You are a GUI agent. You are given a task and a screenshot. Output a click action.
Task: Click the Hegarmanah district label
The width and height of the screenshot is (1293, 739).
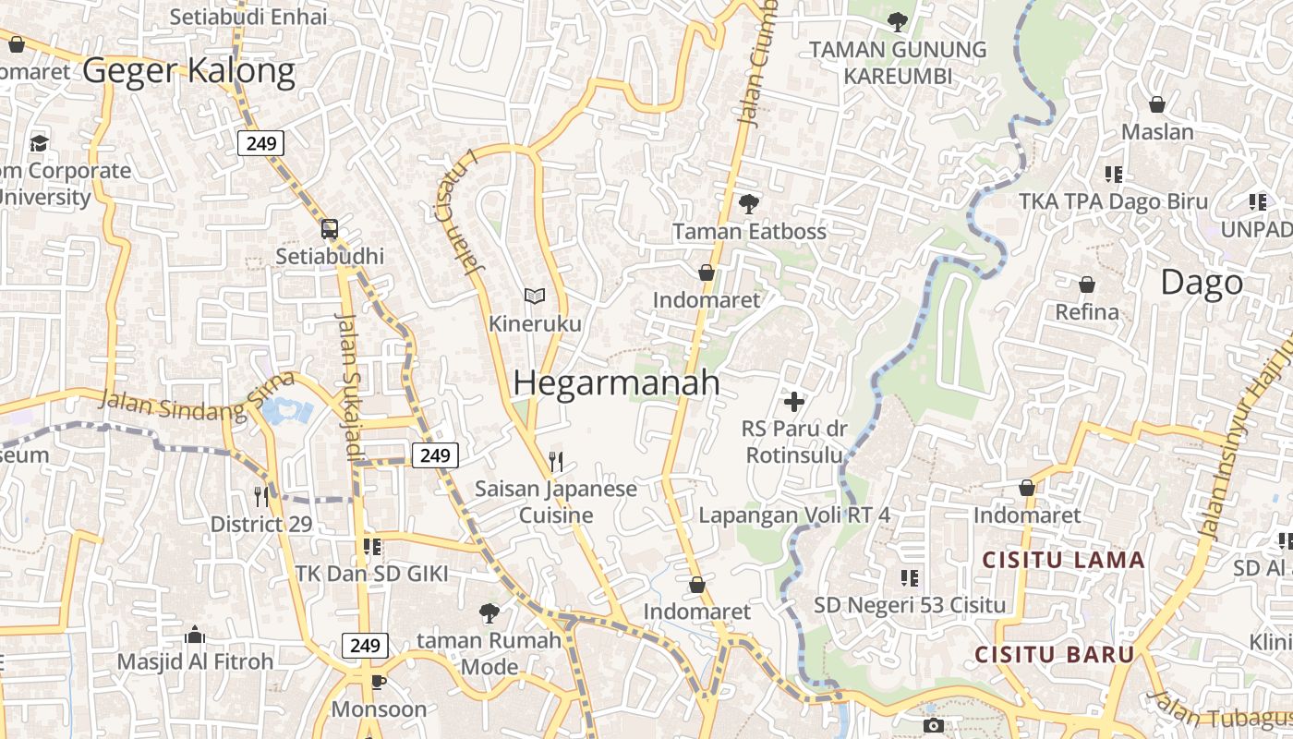[616, 383]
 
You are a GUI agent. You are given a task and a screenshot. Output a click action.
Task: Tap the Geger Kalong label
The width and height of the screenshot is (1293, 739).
[189, 70]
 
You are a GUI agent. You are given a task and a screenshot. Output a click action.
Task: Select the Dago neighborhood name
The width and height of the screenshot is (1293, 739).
[1202, 283]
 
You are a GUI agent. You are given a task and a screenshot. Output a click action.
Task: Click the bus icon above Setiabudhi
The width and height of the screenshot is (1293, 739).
[330, 228]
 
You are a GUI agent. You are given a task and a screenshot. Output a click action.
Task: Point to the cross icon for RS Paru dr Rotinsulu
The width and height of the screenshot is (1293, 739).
[793, 402]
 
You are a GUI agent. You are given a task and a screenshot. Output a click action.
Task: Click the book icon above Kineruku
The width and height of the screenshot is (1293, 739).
[535, 296]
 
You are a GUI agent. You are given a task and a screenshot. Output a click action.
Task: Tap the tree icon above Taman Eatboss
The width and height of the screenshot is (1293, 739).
[748, 203]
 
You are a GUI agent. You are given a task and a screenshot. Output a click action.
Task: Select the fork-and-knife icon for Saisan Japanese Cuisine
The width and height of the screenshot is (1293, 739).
[556, 461]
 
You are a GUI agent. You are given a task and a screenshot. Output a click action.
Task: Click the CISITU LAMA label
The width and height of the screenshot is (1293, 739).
[1063, 560]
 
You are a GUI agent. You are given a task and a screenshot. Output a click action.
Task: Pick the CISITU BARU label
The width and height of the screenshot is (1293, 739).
[1055, 655]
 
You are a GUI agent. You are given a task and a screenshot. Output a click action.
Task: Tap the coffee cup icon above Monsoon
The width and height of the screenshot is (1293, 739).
[378, 682]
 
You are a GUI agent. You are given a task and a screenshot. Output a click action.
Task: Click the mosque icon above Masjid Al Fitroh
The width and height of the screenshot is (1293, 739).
[195, 635]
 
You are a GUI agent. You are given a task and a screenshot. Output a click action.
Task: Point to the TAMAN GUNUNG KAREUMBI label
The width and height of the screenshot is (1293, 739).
[898, 62]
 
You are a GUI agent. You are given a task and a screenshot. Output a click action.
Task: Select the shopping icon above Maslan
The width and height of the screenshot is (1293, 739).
[1157, 104]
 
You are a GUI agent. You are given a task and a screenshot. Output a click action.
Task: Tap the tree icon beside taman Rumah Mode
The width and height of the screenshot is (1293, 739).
[489, 612]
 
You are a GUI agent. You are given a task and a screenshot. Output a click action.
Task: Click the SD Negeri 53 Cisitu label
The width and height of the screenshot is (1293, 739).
[909, 606]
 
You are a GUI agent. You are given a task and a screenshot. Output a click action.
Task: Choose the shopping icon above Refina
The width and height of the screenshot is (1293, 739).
[1087, 285]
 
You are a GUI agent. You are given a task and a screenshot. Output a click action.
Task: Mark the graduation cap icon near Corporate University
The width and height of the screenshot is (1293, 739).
[39, 143]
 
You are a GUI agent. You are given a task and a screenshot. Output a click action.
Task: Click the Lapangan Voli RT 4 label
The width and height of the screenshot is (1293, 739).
[794, 515]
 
